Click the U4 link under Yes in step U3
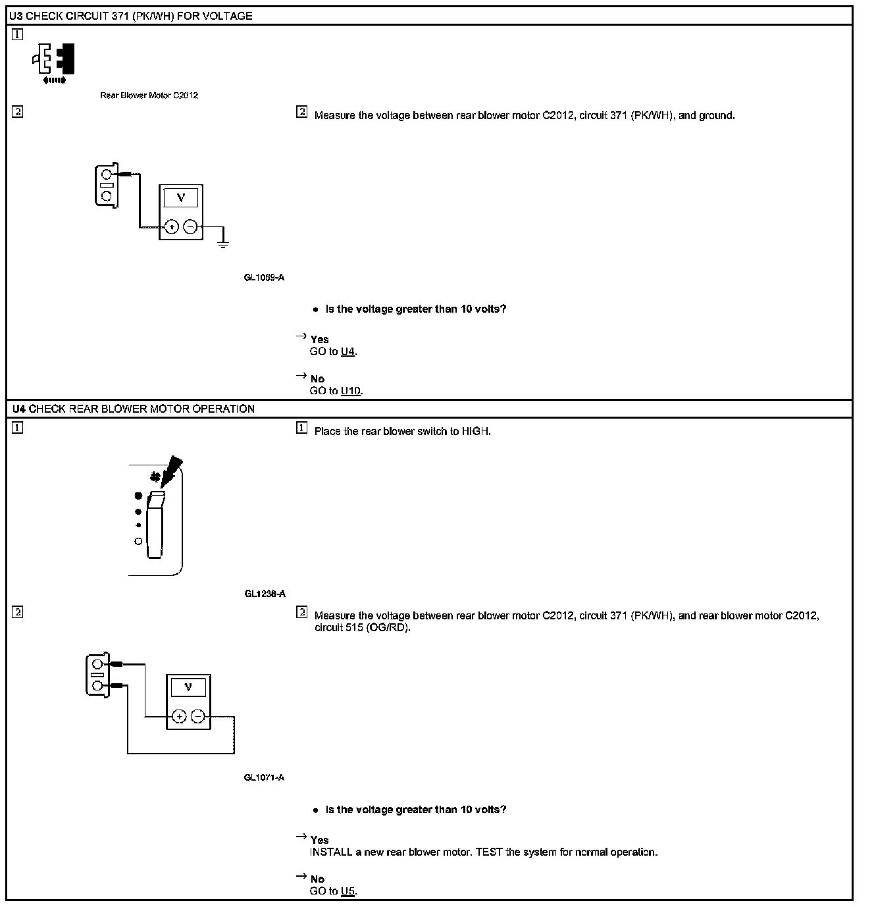tap(348, 351)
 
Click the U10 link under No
tap(351, 391)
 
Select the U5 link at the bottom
tap(348, 891)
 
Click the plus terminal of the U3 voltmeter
tap(171, 227)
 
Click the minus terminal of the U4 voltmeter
tap(198, 717)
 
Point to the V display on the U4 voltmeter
tap(189, 687)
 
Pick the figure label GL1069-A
tap(264, 278)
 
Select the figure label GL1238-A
tap(265, 594)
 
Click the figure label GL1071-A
tap(264, 778)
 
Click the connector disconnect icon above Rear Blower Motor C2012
tap(54, 61)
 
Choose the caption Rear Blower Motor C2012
tap(149, 95)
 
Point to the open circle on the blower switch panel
tap(138, 541)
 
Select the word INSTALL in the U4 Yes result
tap(331, 852)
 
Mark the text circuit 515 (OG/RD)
tap(362, 628)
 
